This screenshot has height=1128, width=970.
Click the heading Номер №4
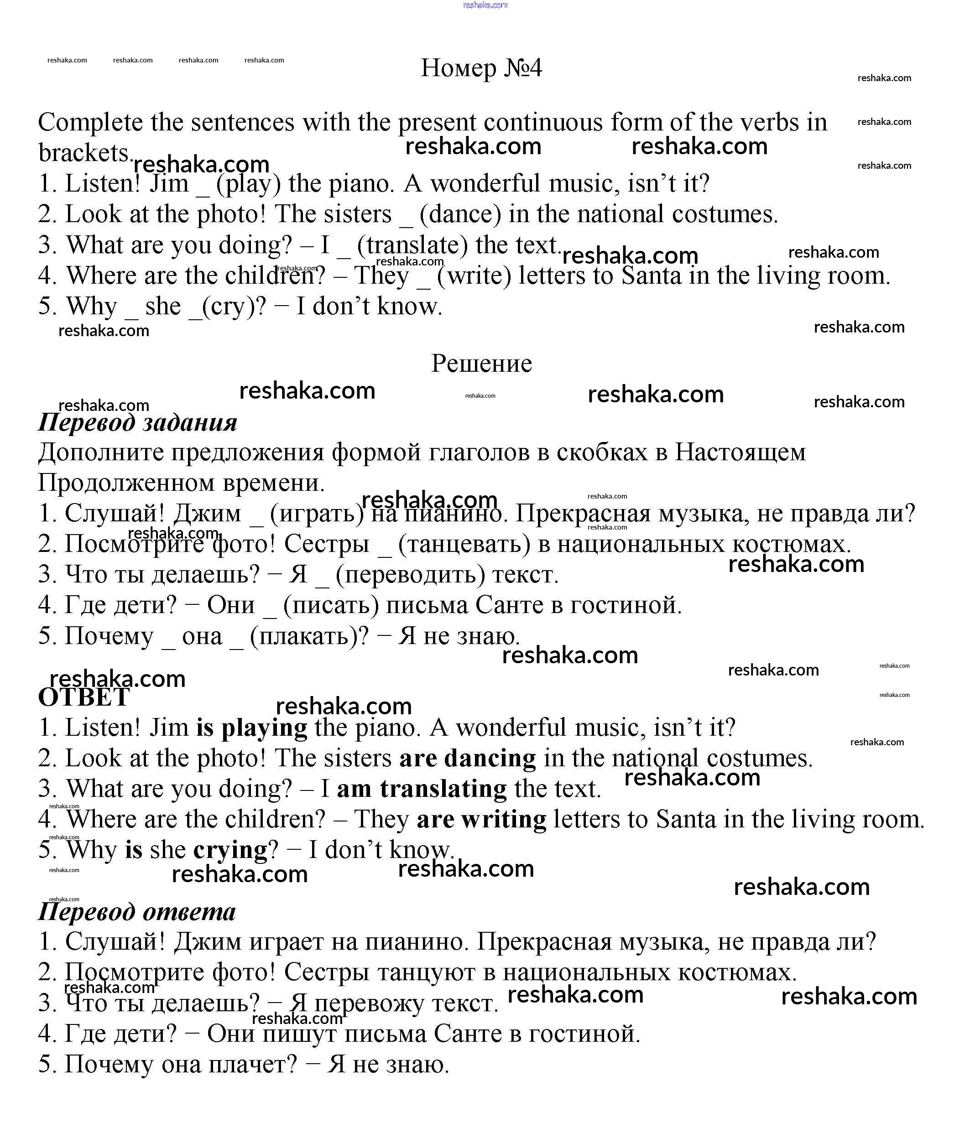pyautogui.click(x=481, y=68)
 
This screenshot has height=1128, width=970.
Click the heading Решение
pyautogui.click(x=481, y=363)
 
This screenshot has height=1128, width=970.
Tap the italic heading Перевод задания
pyautogui.click(x=137, y=422)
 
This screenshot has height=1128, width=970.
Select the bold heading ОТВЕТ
pyautogui.click(x=84, y=697)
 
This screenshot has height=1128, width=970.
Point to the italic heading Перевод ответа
pyautogui.click(x=137, y=911)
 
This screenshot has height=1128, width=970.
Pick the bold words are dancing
pyautogui.click(x=467, y=759)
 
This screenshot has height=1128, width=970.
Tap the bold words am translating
pyautogui.click(x=422, y=789)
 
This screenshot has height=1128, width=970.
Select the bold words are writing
pyautogui.click(x=481, y=819)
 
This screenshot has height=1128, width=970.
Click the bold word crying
pyautogui.click(x=230, y=850)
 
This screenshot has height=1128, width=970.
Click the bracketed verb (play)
pyautogui.click(x=248, y=183)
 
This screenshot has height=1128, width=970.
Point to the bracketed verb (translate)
pyautogui.click(x=412, y=245)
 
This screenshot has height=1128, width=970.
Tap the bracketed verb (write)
pyautogui.click(x=474, y=276)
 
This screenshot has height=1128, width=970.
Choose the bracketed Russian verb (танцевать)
pyautogui.click(x=464, y=544)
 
